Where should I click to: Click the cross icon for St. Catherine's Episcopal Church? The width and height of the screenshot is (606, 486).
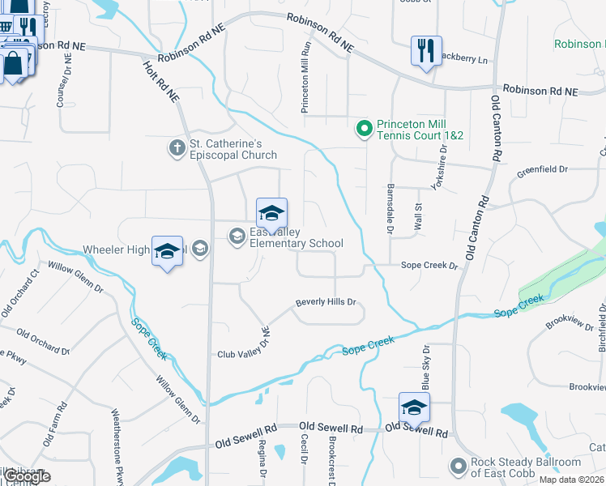pyautogui.click(x=177, y=147)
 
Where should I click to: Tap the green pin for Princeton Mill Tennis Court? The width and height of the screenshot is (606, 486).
pyautogui.click(x=364, y=128)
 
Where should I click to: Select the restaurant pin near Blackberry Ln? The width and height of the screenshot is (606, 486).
pyautogui.click(x=425, y=52)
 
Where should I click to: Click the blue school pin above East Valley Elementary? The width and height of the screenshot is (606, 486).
pyautogui.click(x=272, y=214)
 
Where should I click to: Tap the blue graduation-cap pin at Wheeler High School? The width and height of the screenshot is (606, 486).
pyautogui.click(x=167, y=252)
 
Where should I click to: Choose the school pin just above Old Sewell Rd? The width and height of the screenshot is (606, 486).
pyautogui.click(x=414, y=408)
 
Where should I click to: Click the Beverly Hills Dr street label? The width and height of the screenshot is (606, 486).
pyautogui.click(x=326, y=302)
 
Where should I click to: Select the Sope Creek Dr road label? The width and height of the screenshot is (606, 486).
pyautogui.click(x=429, y=266)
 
